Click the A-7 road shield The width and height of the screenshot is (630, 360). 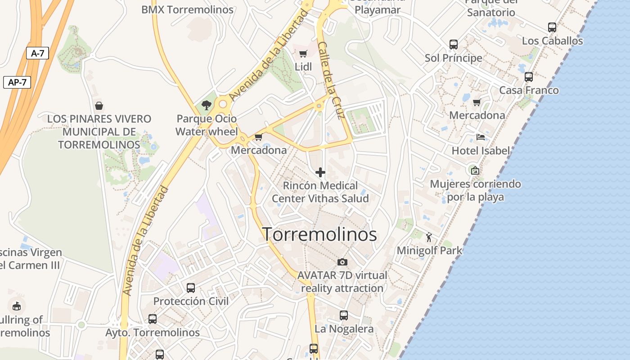(x=37, y=53)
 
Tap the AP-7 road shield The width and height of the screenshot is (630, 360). (x=17, y=82)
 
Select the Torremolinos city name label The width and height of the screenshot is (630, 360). (x=319, y=234)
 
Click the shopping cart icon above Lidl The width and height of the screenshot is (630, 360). (x=303, y=54)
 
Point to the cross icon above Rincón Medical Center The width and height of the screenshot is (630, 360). (x=320, y=172)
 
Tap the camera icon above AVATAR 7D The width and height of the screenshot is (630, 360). (x=342, y=262)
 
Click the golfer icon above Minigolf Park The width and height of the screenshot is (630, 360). (x=429, y=237)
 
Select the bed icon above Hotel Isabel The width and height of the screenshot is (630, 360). (x=481, y=137)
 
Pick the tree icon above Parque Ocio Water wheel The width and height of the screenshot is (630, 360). (x=207, y=105)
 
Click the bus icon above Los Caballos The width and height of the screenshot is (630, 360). (x=552, y=27)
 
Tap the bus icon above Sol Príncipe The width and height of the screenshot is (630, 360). (x=454, y=45)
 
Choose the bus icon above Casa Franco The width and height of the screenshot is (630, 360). (x=529, y=77)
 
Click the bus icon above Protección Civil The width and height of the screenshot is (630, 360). (x=191, y=288)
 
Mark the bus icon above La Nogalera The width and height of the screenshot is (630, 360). (x=344, y=315)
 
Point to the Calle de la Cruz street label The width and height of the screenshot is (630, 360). (x=331, y=80)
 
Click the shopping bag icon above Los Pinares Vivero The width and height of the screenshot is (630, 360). (x=99, y=106)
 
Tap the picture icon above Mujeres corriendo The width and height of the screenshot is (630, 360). (x=475, y=170)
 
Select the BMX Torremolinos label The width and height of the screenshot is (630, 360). (x=187, y=9)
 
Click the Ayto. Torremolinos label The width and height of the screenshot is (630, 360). (x=153, y=333)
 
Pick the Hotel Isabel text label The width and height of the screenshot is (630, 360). (x=481, y=151)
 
